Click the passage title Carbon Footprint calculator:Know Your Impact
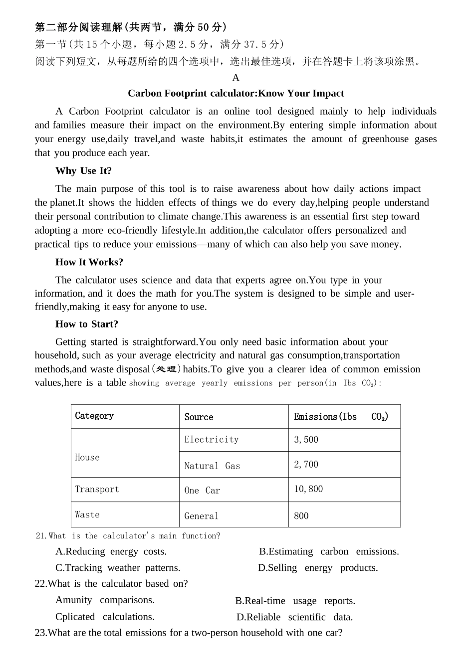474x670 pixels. [x=236, y=93]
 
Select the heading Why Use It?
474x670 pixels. [x=83, y=171]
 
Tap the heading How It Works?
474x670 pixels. [x=89, y=262]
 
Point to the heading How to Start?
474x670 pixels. [x=86, y=324]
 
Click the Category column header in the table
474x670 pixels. [x=94, y=416]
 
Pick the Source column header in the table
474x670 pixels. [x=199, y=417]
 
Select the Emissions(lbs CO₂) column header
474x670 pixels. [x=341, y=417]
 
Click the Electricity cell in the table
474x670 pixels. [x=212, y=440]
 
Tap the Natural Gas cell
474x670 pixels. [x=212, y=466]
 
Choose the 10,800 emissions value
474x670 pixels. [x=308, y=489]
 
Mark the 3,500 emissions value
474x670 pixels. [x=306, y=440]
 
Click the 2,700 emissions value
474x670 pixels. [x=306, y=465]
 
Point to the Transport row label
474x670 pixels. [x=97, y=489]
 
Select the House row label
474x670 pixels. [x=87, y=457]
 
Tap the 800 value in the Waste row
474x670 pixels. [x=301, y=516]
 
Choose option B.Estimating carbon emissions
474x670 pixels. [x=329, y=551]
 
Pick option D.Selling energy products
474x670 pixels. [x=318, y=568]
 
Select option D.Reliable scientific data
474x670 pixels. [x=294, y=617]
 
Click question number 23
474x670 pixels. [x=40, y=633]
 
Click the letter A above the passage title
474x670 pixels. [x=236, y=78]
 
